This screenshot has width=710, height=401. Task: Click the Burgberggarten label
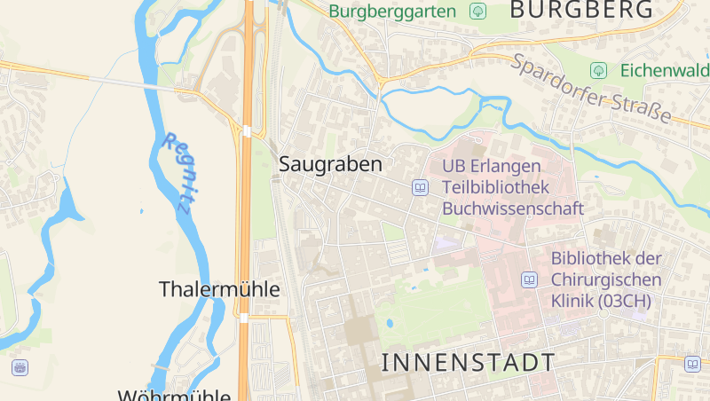[392, 12]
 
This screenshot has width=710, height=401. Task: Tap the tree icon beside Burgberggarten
[478, 12]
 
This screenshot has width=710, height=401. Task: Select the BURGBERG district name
[582, 11]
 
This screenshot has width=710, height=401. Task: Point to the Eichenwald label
[664, 70]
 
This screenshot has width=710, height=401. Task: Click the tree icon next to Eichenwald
[599, 70]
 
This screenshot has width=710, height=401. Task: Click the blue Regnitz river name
[177, 172]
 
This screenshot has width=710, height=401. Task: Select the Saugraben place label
[330, 164]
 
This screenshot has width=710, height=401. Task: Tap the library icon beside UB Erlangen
[420, 187]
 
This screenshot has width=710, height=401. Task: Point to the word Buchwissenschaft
[513, 209]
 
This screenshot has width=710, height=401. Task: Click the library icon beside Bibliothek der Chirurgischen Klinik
[529, 280]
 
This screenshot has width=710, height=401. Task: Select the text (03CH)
[625, 301]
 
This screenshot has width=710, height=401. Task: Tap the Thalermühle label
[219, 289]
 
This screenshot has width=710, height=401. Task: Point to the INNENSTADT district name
[468, 362]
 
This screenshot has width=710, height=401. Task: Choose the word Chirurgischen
[606, 279]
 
